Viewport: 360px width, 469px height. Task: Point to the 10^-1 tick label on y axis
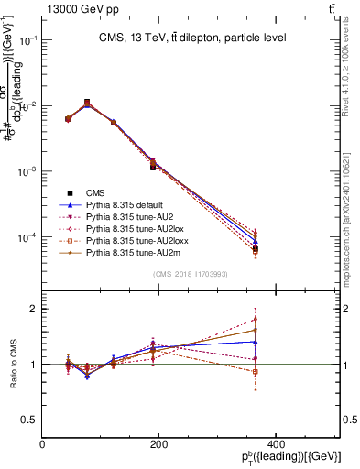27,40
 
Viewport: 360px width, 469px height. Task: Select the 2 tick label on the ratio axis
33,309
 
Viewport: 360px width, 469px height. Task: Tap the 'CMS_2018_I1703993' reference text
191,275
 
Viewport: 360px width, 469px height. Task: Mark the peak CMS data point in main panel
87,103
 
